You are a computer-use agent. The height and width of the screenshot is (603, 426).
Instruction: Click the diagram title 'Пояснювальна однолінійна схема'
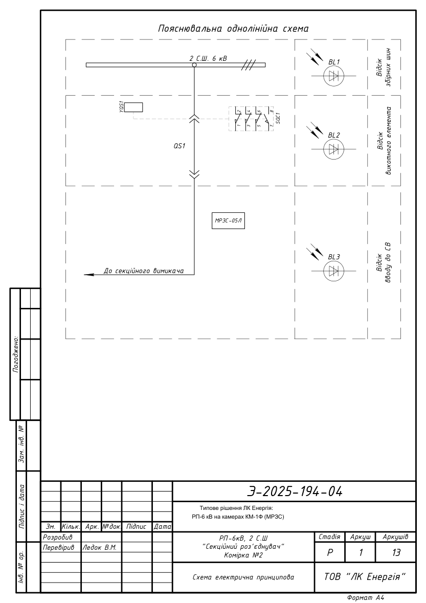233,29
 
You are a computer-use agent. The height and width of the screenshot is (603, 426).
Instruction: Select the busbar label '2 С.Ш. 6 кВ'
208,58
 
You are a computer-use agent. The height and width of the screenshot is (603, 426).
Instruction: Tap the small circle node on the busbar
194,65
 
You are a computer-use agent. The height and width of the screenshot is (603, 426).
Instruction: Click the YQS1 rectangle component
134,107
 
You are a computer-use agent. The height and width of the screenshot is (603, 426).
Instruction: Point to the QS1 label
179,146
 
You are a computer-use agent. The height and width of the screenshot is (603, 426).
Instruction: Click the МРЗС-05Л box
229,221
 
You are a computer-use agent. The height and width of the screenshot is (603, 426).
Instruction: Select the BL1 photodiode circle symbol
333,76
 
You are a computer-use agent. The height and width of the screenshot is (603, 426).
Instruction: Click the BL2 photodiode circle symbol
333,149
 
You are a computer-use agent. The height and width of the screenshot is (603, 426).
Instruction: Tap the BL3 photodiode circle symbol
333,271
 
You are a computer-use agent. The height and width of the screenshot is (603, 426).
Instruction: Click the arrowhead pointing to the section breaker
89,275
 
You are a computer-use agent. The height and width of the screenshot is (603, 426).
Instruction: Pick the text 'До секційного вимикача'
143,271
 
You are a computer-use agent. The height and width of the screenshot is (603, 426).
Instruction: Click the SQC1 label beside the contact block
278,117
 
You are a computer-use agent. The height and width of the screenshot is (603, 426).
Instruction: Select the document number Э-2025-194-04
295,491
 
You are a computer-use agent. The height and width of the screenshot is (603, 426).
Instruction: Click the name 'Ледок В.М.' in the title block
100,547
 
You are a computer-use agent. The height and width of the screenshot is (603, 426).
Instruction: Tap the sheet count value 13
396,552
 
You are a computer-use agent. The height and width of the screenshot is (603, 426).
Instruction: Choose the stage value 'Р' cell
330,552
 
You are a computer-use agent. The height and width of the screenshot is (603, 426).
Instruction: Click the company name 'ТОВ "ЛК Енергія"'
365,577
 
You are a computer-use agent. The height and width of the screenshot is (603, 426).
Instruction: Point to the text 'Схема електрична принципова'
243,577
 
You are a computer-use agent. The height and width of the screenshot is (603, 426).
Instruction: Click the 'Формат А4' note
366,597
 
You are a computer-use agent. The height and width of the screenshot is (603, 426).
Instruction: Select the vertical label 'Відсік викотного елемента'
384,141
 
